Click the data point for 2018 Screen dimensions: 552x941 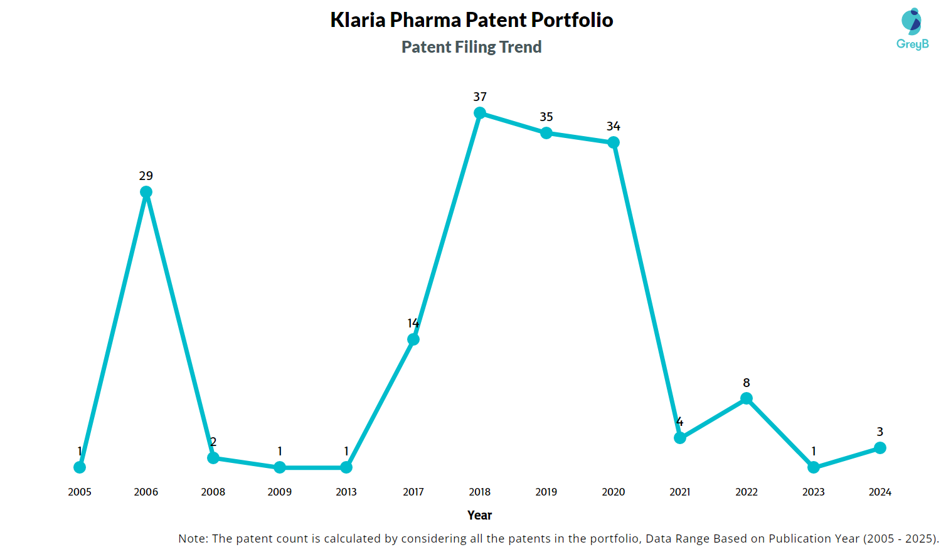pyautogui.click(x=480, y=113)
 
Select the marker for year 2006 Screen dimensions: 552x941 pyautogui.click(x=146, y=192)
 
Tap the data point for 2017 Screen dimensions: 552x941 pyautogui.click(x=413, y=339)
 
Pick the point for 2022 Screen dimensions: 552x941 pyautogui.click(x=747, y=398)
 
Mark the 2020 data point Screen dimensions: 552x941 pyautogui.click(x=614, y=142)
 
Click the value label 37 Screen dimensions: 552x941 pyautogui.click(x=480, y=97)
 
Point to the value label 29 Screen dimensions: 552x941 pyautogui.click(x=146, y=176)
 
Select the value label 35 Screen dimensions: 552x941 pyautogui.click(x=546, y=117)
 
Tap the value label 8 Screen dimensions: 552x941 pyautogui.click(x=747, y=383)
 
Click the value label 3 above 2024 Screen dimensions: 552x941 pyautogui.click(x=880, y=432)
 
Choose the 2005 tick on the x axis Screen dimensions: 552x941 pyautogui.click(x=80, y=492)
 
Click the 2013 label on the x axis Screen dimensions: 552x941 pyautogui.click(x=346, y=492)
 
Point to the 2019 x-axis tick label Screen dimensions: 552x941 pyautogui.click(x=546, y=492)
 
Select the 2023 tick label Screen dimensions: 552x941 pyautogui.click(x=814, y=492)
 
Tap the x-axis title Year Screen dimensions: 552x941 pyautogui.click(x=480, y=515)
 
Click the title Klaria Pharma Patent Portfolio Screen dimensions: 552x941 pyautogui.click(x=472, y=20)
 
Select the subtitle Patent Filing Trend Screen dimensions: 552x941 pyautogui.click(x=472, y=47)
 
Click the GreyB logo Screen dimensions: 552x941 pyautogui.click(x=912, y=29)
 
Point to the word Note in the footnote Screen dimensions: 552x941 pyautogui.click(x=192, y=538)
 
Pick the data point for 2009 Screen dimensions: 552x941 pyautogui.click(x=280, y=467)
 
